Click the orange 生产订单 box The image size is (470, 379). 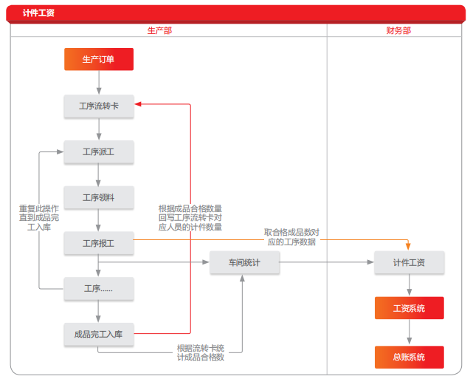pyautogui.click(x=99, y=59)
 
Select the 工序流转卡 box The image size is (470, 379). pyautogui.click(x=99, y=106)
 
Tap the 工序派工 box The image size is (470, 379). pyautogui.click(x=99, y=151)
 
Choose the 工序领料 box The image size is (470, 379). pyautogui.click(x=99, y=197)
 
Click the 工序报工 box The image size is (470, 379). pyautogui.click(x=99, y=243)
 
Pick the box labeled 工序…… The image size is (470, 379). pyautogui.click(x=99, y=289)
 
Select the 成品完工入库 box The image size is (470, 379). pyautogui.click(x=99, y=334)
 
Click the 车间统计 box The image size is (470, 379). pyautogui.click(x=243, y=262)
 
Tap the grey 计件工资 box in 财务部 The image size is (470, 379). pyautogui.click(x=409, y=262)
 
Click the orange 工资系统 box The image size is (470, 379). pyautogui.click(x=409, y=308)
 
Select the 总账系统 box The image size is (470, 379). pyautogui.click(x=409, y=357)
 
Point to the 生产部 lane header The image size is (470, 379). pyautogui.click(x=159, y=30)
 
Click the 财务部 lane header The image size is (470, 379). pyautogui.click(x=398, y=30)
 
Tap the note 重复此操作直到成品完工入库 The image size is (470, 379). pyautogui.click(x=39, y=218)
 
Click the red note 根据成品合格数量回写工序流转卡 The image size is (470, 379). pyautogui.click(x=190, y=218)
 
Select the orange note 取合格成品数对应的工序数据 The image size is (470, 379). pyautogui.click(x=291, y=236)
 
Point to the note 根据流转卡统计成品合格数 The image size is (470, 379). pyautogui.click(x=200, y=352)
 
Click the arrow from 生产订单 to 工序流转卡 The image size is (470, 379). pyautogui.click(x=99, y=82)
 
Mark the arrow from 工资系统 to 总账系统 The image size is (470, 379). pyautogui.click(x=409, y=332)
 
